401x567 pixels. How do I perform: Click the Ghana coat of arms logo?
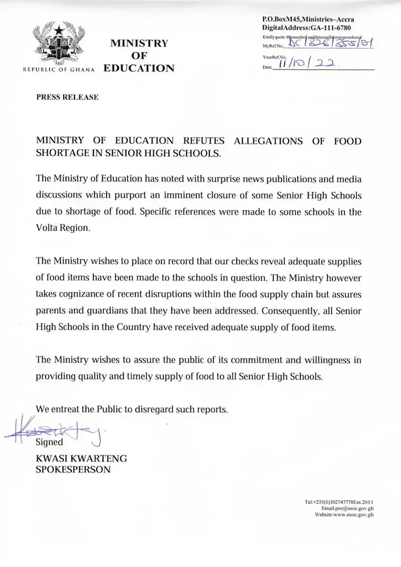(x=59, y=44)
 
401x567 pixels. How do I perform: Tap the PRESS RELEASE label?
(x=67, y=97)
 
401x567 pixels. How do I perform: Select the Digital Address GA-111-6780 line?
(x=307, y=27)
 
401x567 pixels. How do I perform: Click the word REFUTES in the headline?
(x=204, y=141)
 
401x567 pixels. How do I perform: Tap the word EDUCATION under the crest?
(x=139, y=68)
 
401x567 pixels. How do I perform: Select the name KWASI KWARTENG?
(x=81, y=458)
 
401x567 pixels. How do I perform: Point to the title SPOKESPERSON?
(x=73, y=470)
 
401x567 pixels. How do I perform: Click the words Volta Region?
(x=64, y=229)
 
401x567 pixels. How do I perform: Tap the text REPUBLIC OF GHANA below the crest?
(x=58, y=70)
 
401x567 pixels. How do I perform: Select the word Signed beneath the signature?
(x=49, y=442)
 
